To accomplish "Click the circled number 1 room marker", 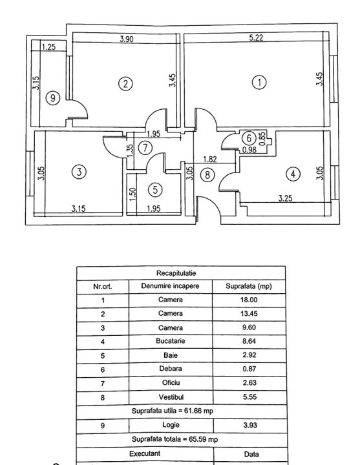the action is pyautogui.click(x=259, y=82).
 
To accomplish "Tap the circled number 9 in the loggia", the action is pyautogui.click(x=53, y=98).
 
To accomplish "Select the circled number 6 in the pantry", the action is pyautogui.click(x=249, y=138).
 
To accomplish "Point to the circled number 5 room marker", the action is pyautogui.click(x=155, y=189).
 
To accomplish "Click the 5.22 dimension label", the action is pyautogui.click(x=256, y=37).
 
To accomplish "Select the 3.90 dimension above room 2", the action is pyautogui.click(x=127, y=39).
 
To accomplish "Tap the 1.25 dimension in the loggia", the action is pyautogui.click(x=48, y=47).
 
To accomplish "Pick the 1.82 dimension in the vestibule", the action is pyautogui.click(x=210, y=160).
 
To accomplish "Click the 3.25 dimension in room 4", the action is pyautogui.click(x=285, y=198).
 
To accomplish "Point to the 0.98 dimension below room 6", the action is pyautogui.click(x=249, y=150).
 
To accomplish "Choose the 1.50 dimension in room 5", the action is pyautogui.click(x=132, y=194).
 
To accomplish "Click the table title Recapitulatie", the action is pyautogui.click(x=176, y=273).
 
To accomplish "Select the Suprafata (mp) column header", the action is pyautogui.click(x=249, y=287).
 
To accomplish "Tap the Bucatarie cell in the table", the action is pyautogui.click(x=171, y=341).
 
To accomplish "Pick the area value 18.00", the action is pyautogui.click(x=249, y=300).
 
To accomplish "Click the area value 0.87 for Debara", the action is pyautogui.click(x=249, y=369).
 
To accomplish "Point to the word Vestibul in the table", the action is pyautogui.click(x=171, y=397).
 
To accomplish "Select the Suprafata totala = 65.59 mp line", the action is pyautogui.click(x=175, y=439).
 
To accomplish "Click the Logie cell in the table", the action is pyautogui.click(x=171, y=425).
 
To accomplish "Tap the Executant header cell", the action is pyautogui.click(x=145, y=454).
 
